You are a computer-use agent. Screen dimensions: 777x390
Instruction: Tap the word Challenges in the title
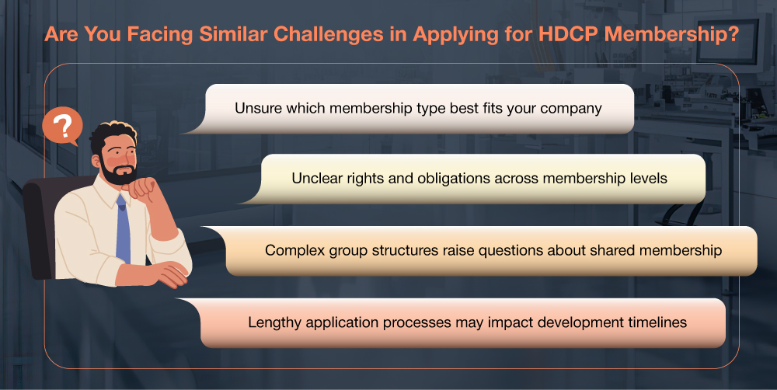pos(328,35)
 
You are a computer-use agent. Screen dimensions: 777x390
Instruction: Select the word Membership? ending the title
pos(671,35)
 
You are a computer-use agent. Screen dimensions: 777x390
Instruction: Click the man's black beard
pos(117,172)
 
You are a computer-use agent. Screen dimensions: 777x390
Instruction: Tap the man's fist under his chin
pos(144,188)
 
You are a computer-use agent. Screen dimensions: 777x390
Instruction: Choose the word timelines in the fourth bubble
pos(657,322)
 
